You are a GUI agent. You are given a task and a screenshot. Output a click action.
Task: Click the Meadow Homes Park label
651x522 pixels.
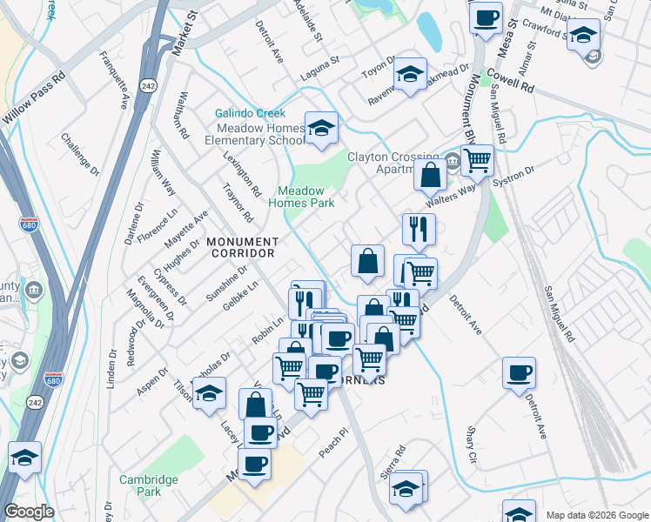point(301,197)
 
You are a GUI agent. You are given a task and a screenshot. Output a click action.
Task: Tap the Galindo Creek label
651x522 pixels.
point(250,114)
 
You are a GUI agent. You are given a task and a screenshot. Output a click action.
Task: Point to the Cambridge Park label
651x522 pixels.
point(142,485)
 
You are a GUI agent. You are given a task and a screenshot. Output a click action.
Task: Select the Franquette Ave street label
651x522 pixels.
point(114,79)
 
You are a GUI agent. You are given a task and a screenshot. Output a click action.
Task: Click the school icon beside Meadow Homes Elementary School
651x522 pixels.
point(320,128)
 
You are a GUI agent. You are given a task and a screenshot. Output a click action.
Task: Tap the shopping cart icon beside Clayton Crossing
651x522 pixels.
point(477,160)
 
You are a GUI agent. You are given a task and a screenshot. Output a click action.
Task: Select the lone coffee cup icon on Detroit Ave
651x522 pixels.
point(520,372)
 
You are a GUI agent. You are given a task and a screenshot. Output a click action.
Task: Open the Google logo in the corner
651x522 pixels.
point(29,512)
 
